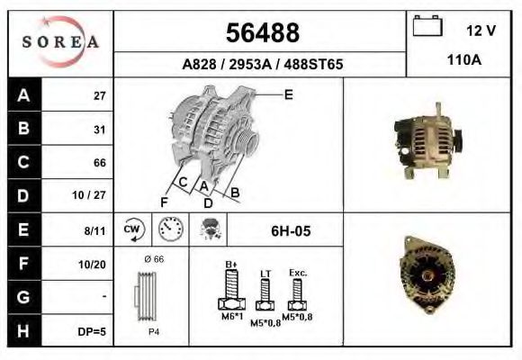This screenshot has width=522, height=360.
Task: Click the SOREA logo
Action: (60, 42)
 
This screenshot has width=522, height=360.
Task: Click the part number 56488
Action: (262, 33)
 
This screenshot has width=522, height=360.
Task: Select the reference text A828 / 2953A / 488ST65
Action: (262, 66)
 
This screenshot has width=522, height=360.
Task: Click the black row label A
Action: (23, 95)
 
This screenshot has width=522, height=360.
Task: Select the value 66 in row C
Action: (100, 163)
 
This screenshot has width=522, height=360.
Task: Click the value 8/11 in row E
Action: (94, 230)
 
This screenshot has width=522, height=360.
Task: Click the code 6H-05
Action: (291, 231)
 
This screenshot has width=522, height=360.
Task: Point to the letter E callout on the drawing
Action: (288, 94)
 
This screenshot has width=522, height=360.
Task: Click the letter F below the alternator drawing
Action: (164, 201)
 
